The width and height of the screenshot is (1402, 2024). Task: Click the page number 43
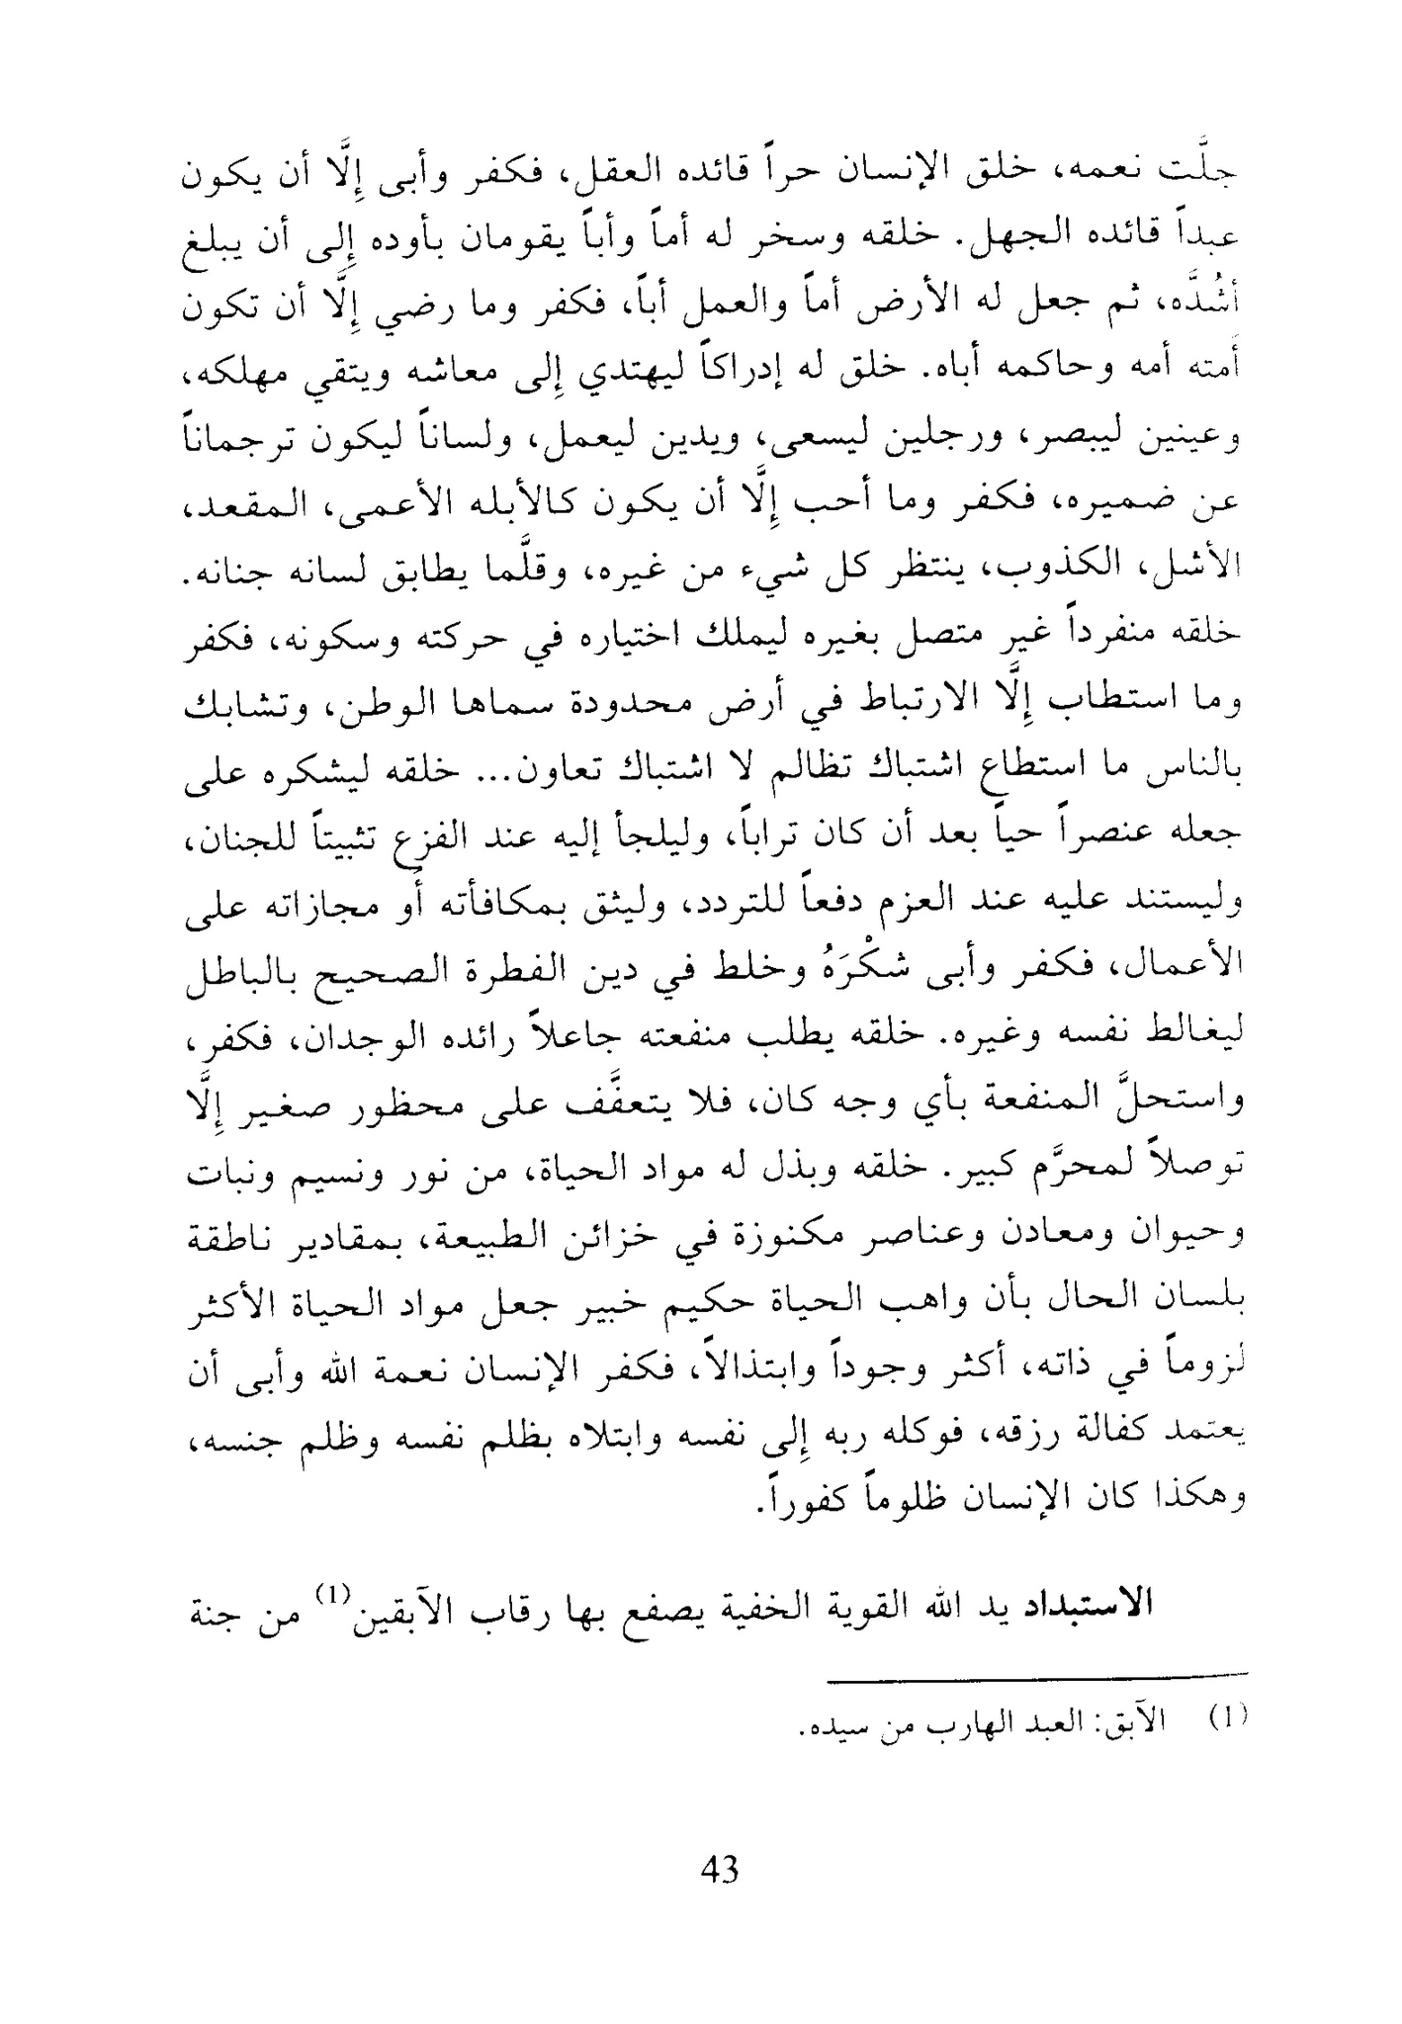719,1871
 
